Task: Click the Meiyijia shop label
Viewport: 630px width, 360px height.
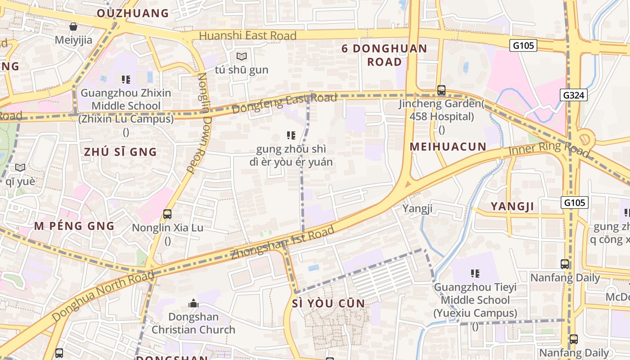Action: click(73, 40)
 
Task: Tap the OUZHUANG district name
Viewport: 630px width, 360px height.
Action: click(133, 13)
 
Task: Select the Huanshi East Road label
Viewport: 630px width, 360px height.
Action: click(247, 36)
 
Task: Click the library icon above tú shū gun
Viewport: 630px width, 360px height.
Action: click(242, 57)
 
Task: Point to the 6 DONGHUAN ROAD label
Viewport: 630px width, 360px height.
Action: click(384, 55)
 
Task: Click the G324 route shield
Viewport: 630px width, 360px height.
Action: click(574, 95)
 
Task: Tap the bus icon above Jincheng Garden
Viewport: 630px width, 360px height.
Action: click(441, 90)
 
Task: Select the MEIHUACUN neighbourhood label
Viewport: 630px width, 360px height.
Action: click(448, 147)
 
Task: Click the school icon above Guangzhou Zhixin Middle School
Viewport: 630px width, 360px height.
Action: click(126, 80)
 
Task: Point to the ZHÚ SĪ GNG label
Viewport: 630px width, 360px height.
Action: click(121, 152)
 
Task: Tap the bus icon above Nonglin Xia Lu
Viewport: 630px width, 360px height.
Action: click(167, 214)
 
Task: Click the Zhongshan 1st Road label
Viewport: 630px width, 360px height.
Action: click(283, 243)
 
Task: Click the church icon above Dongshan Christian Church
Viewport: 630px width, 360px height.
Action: click(193, 303)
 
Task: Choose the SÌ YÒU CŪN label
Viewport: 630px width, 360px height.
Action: click(328, 303)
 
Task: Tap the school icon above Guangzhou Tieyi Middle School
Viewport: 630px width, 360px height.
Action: click(475, 273)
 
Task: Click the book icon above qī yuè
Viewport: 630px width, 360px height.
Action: click(20, 168)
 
